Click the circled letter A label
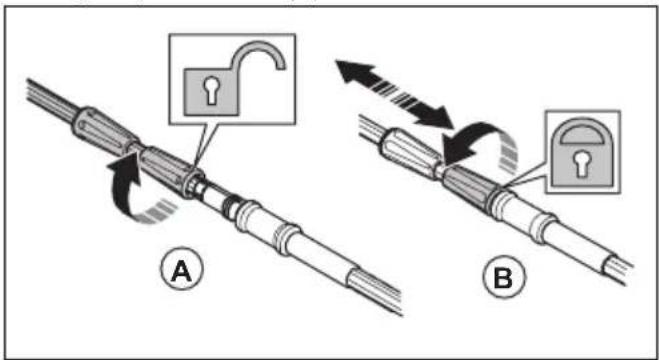pos(182,272)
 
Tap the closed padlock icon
pos(582,152)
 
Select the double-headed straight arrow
pos(394,93)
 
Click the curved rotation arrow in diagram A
pos(126,193)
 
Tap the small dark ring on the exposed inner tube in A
pos(228,206)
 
